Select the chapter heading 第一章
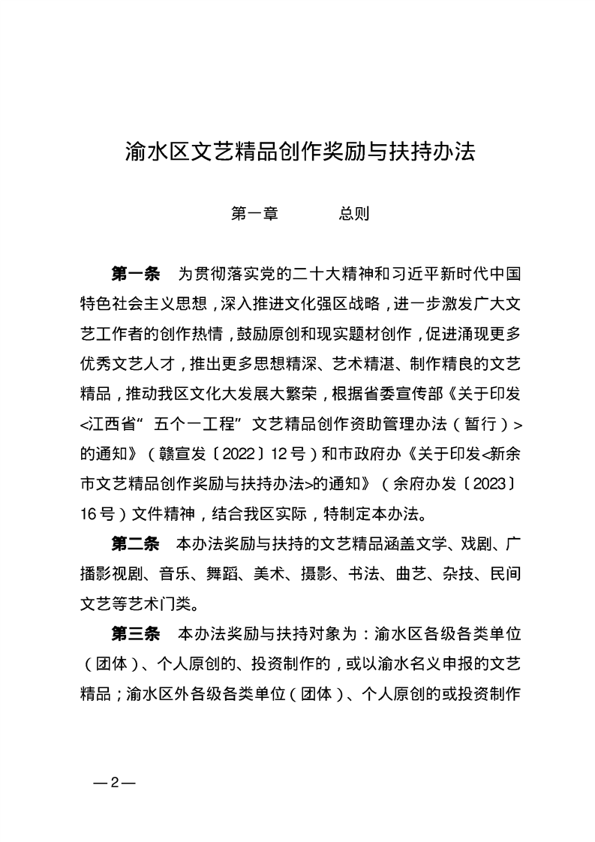click(x=254, y=214)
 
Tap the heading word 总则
click(x=353, y=214)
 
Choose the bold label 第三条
click(x=136, y=633)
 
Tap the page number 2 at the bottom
click(x=114, y=783)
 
